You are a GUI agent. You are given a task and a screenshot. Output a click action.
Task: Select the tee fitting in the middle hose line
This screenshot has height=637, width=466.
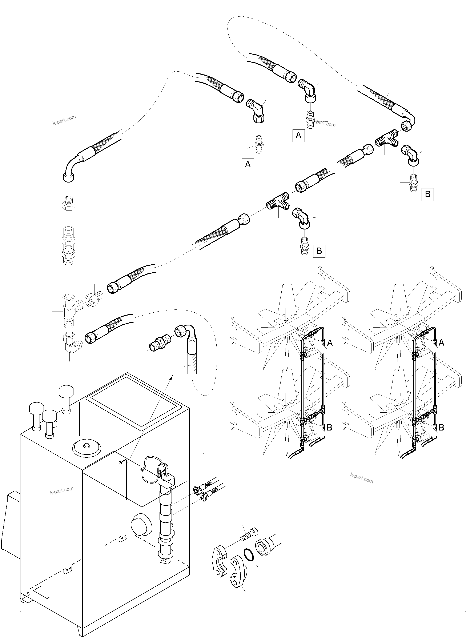tap(278, 202)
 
